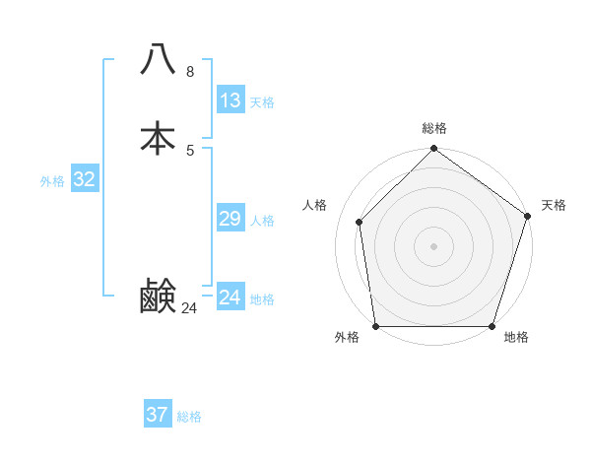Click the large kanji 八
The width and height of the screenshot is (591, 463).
click(158, 60)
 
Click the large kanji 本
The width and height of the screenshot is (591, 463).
click(158, 138)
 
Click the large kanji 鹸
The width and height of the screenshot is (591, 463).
click(158, 296)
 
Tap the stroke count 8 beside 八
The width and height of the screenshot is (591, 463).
click(189, 72)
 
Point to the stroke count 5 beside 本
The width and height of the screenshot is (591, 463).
click(189, 150)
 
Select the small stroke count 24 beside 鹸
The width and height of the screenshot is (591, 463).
click(189, 308)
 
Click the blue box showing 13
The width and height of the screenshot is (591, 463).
click(230, 100)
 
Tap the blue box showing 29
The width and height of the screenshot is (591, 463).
click(230, 219)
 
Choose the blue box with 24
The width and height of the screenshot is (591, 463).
click(230, 298)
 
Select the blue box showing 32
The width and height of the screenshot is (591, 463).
click(85, 179)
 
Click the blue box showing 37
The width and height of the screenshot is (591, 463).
click(158, 415)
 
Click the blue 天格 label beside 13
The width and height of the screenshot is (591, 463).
click(262, 102)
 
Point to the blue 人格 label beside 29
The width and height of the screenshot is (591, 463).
click(262, 221)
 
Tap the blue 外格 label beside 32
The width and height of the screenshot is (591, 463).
click(52, 181)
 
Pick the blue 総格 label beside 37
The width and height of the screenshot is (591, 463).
click(189, 417)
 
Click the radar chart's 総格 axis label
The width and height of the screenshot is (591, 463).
click(433, 128)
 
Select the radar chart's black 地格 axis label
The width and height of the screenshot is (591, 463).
click(516, 338)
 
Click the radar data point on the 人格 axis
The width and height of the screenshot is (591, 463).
click(360, 222)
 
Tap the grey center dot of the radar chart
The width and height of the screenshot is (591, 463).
click(433, 245)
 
